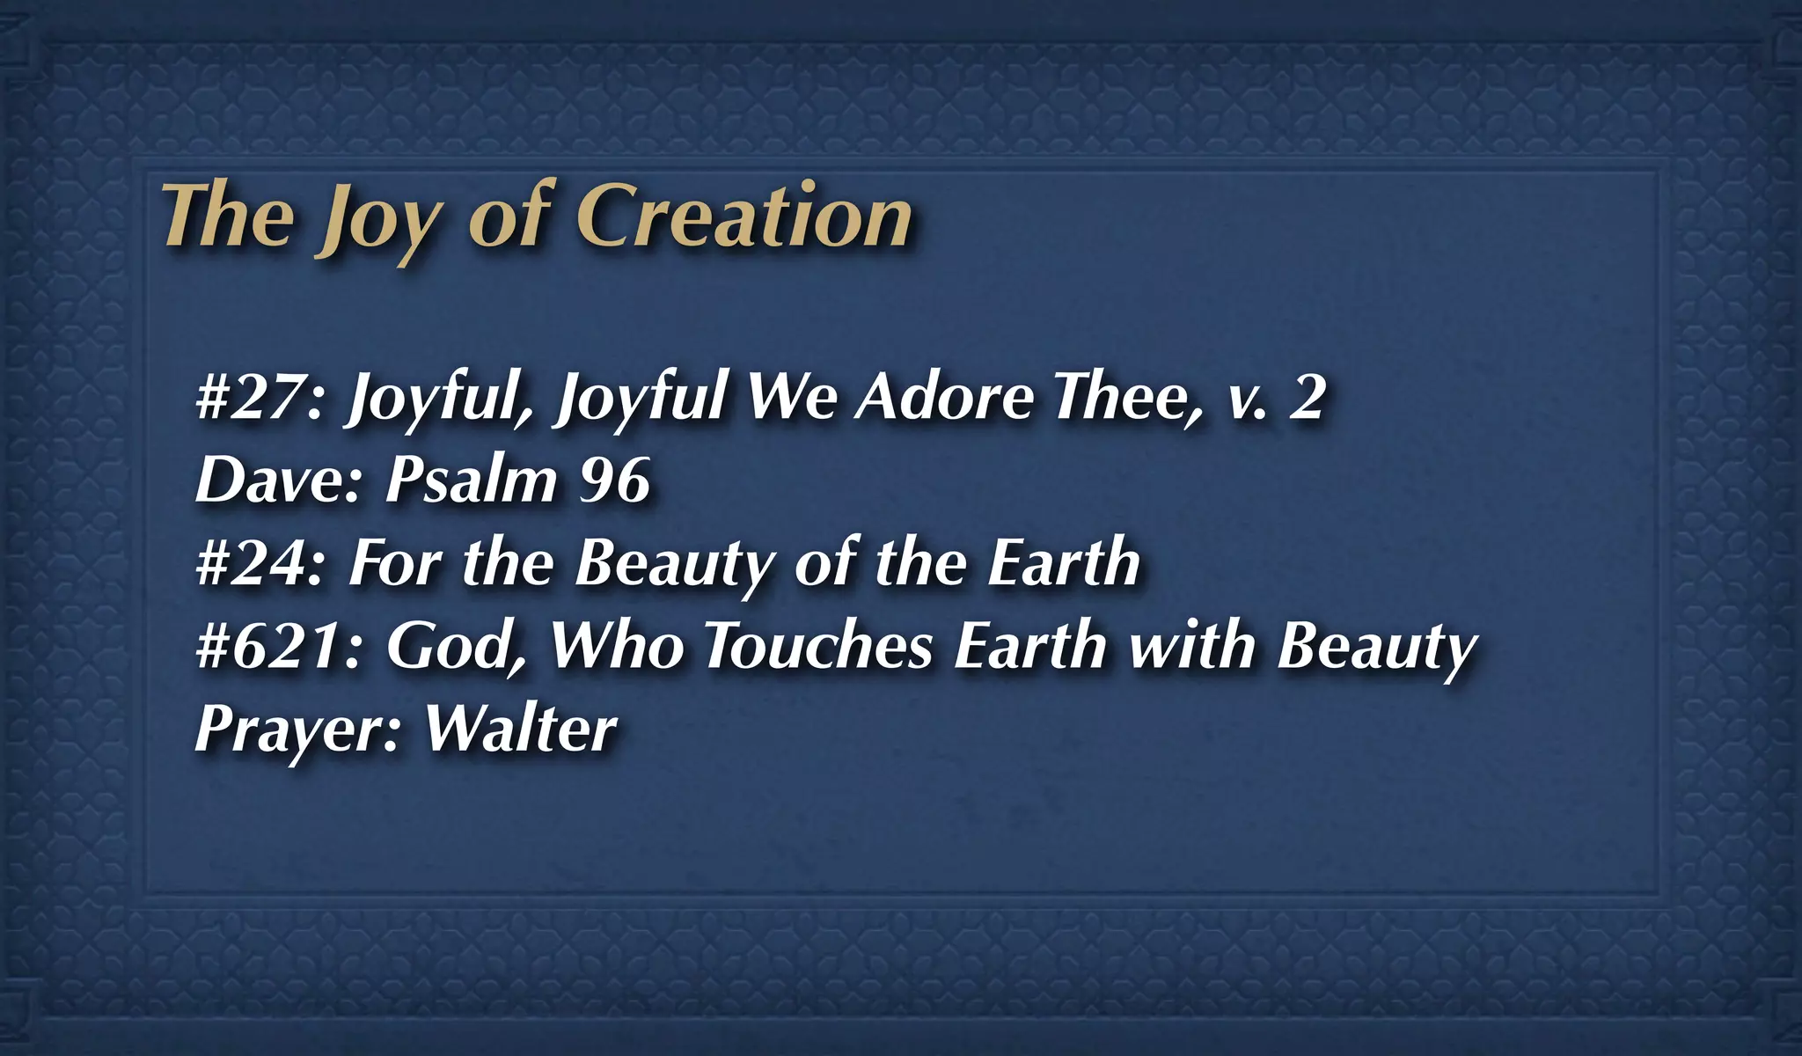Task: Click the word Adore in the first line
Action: (x=943, y=397)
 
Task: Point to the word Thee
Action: (x=1126, y=397)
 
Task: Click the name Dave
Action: (x=277, y=480)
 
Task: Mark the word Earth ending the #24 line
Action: (x=1063, y=563)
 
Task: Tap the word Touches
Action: (x=818, y=646)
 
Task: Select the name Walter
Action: (x=521, y=729)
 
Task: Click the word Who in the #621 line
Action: (x=616, y=646)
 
